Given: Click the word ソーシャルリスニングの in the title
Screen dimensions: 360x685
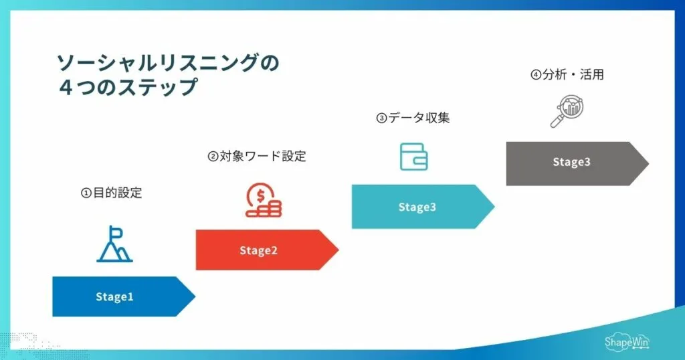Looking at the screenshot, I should tap(167, 63).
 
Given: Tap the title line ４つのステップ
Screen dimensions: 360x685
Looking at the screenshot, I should tap(127, 88).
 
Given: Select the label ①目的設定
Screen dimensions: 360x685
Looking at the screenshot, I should tap(112, 193).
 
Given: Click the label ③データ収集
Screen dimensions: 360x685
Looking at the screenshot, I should tap(413, 118).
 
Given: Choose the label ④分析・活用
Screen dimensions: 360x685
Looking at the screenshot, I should tap(567, 75).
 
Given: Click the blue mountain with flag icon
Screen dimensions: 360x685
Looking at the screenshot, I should tap(114, 244).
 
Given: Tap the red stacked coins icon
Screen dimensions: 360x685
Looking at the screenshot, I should tap(264, 200).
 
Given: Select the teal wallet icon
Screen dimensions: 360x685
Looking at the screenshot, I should tap(413, 157).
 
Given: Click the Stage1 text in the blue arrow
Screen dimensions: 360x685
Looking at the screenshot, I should tap(114, 297).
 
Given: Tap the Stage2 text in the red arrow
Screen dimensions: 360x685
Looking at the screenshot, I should tap(258, 251).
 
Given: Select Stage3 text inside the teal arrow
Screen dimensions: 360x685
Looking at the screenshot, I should tap(417, 207).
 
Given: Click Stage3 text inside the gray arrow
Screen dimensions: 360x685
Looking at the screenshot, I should tap(571, 162).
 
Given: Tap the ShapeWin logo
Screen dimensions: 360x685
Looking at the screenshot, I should tap(626, 341).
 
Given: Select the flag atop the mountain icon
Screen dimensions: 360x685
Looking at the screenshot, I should tap(117, 233).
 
